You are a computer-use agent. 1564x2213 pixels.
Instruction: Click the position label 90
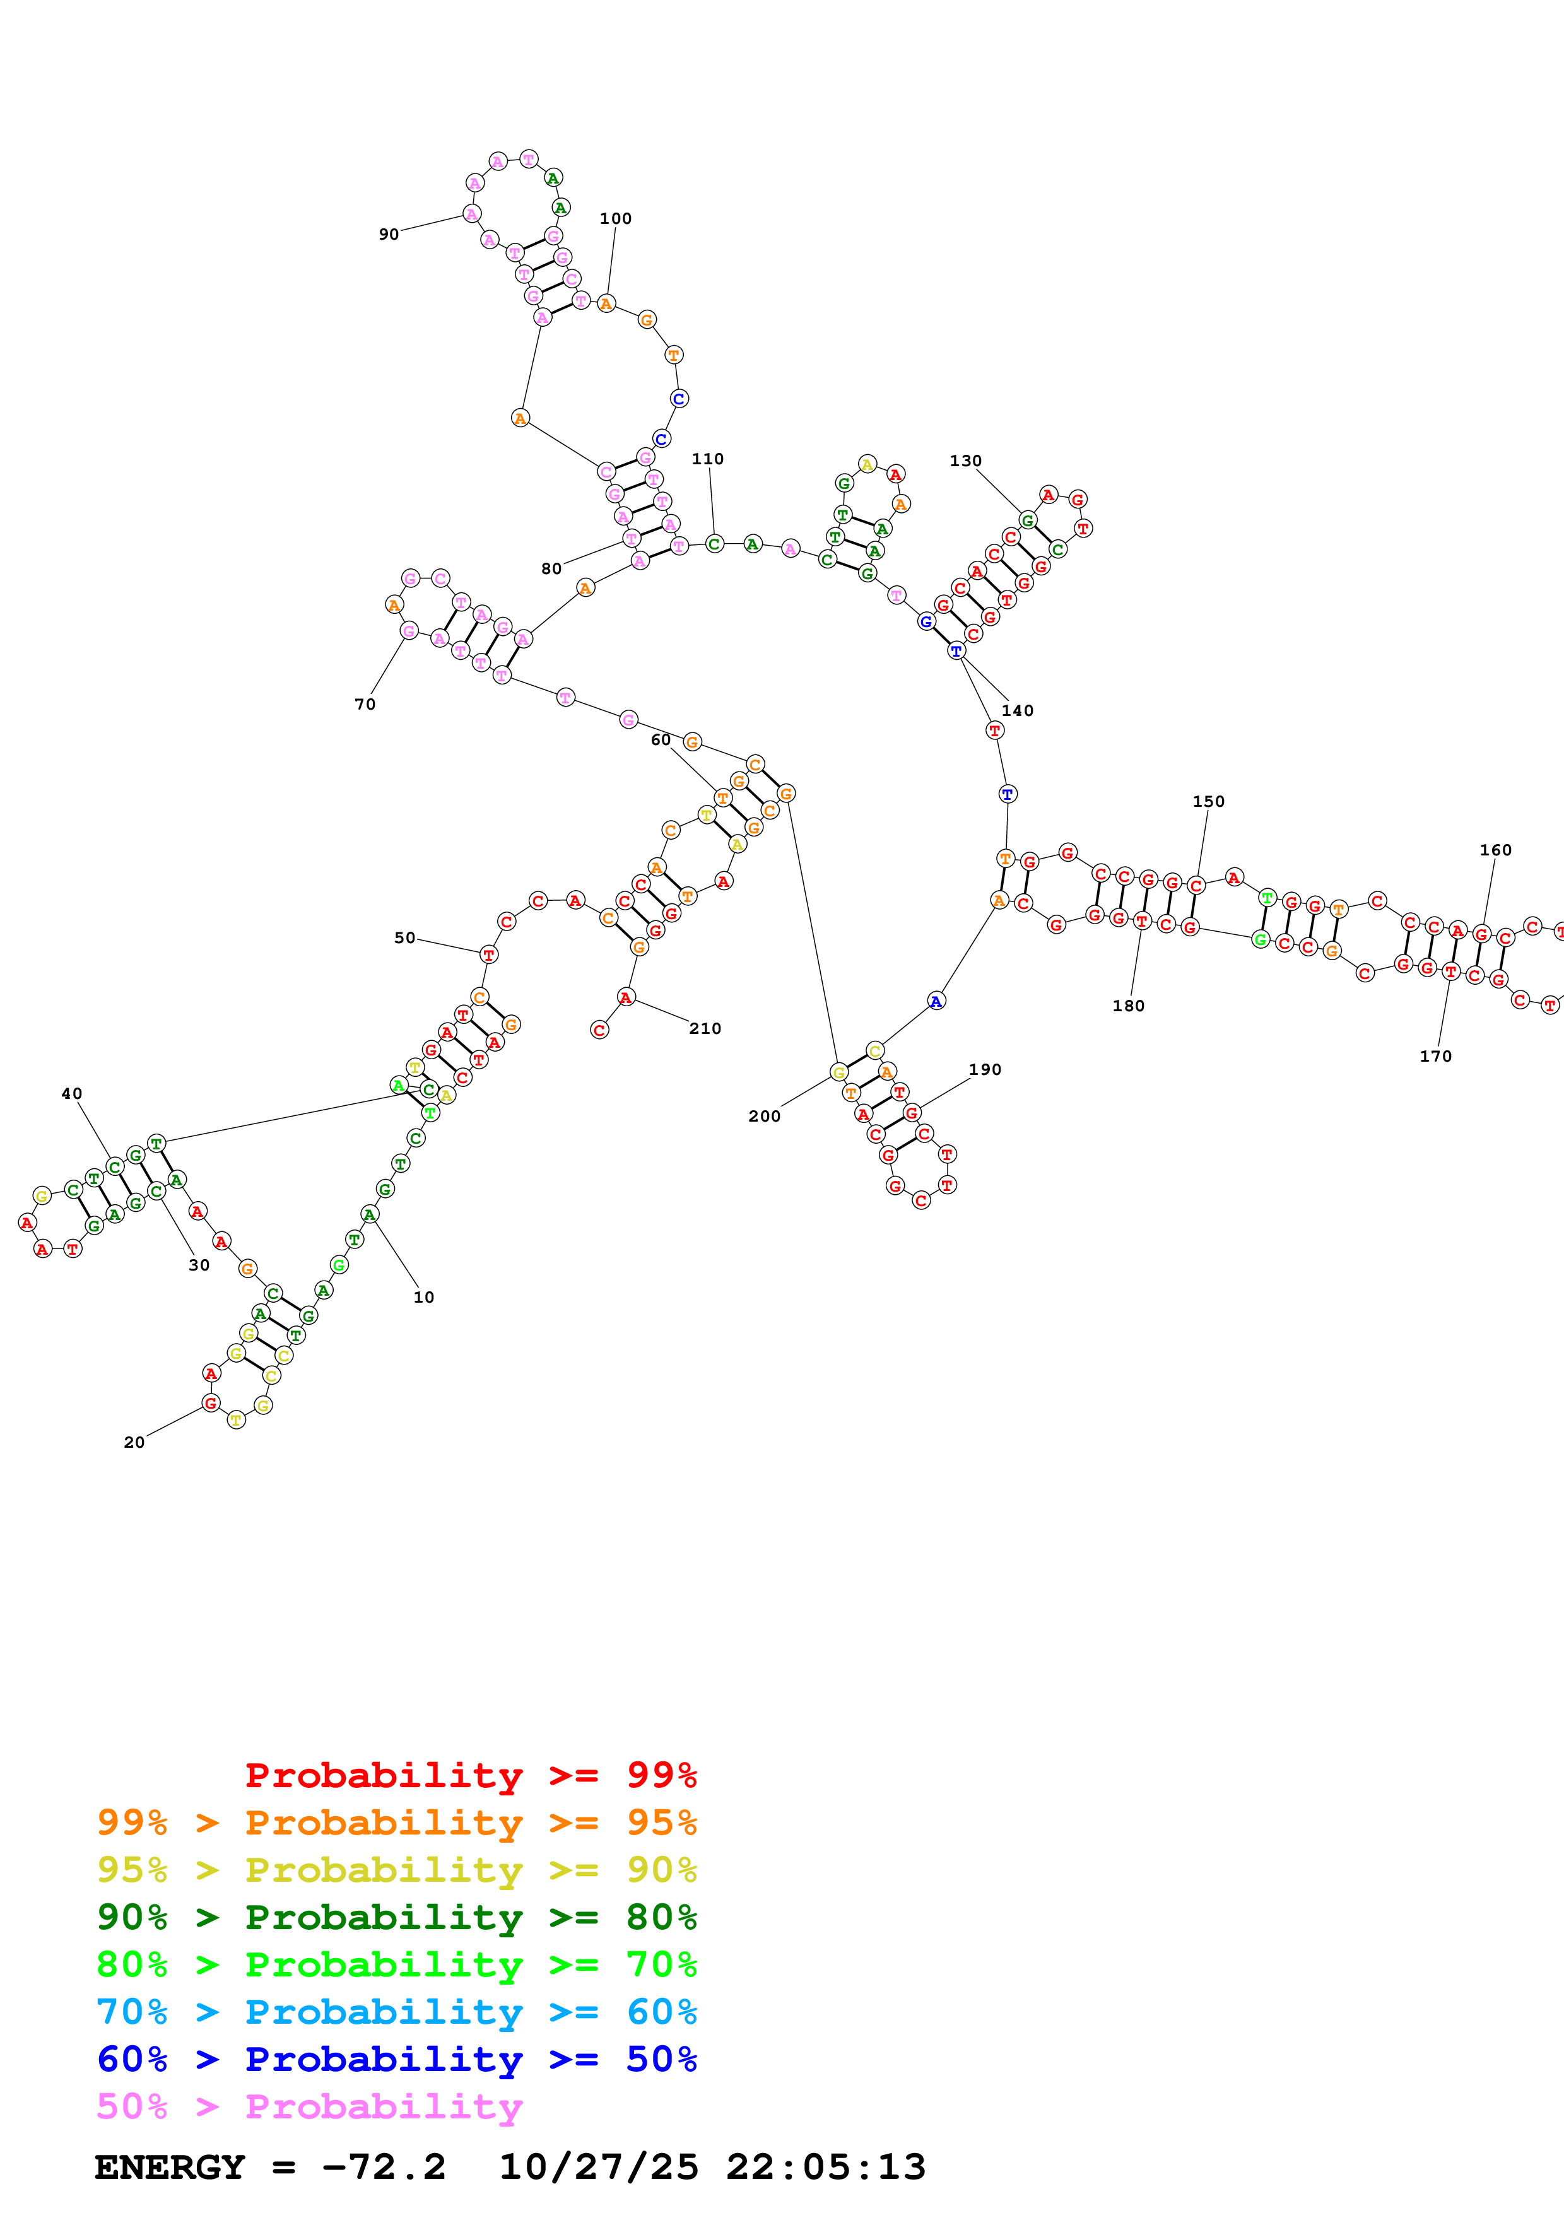click(x=389, y=234)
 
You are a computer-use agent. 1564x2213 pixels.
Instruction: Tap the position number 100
click(x=616, y=219)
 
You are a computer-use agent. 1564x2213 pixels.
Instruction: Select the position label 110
click(x=707, y=459)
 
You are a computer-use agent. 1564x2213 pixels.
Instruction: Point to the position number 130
click(x=965, y=461)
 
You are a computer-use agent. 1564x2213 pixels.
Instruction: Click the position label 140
click(x=1018, y=710)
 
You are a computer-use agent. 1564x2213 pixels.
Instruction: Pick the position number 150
click(x=1208, y=801)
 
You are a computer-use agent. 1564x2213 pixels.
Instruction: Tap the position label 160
click(x=1496, y=849)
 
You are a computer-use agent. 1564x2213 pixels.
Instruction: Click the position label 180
click(x=1129, y=1006)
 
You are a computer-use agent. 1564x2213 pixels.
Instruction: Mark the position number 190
click(x=985, y=1069)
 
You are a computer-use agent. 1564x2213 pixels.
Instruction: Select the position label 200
click(x=764, y=1116)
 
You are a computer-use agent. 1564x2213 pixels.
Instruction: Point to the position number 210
click(x=705, y=1028)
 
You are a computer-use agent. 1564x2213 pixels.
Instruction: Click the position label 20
click(x=134, y=1442)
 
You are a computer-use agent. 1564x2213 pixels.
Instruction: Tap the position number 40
click(x=71, y=1093)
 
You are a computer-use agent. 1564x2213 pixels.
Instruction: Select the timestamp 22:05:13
click(x=826, y=2167)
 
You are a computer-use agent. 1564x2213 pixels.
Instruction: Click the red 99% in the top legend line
click(x=661, y=1775)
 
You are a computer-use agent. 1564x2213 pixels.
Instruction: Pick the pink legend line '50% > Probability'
click(x=309, y=2106)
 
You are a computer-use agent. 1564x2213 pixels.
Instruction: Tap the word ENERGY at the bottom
click(x=170, y=2167)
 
